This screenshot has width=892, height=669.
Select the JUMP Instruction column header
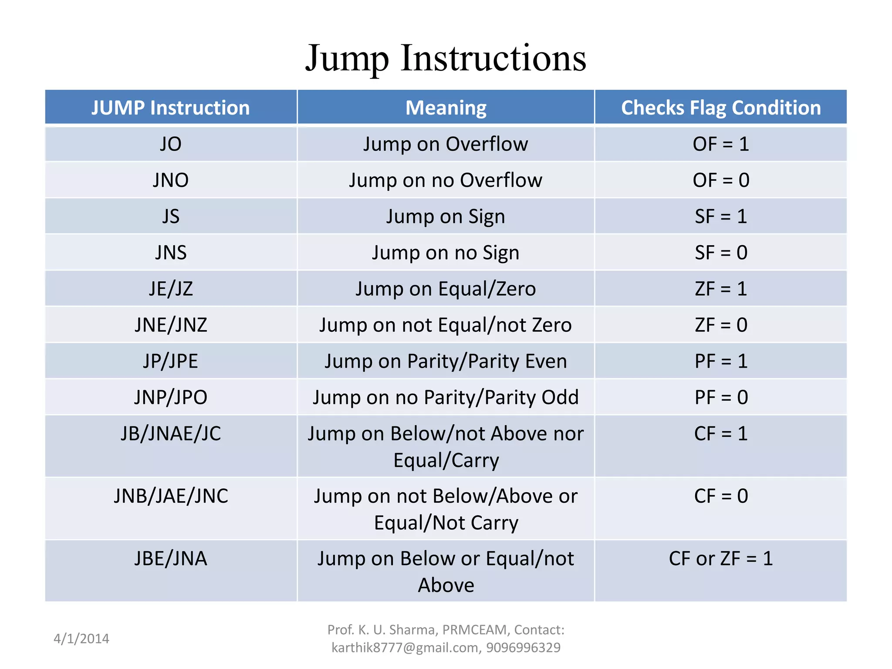(170, 108)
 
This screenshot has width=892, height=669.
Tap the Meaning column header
(446, 108)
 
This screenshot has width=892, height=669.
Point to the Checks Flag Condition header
(721, 108)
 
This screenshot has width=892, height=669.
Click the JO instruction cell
(170, 144)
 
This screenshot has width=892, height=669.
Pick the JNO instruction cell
(170, 180)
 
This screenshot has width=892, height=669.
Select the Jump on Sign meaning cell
(446, 216)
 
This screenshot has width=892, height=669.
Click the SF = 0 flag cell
(721, 253)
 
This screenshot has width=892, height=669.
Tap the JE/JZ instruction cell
(170, 289)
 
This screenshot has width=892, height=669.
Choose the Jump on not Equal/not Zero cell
(446, 325)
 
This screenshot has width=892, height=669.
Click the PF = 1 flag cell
(721, 361)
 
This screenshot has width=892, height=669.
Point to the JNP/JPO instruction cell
(170, 397)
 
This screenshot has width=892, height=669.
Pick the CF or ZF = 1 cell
(721, 559)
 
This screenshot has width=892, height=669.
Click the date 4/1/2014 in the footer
(81, 639)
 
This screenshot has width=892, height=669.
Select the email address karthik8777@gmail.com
(405, 648)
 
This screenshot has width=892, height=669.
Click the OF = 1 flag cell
(721, 144)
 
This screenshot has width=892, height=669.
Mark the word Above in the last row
(446, 585)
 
